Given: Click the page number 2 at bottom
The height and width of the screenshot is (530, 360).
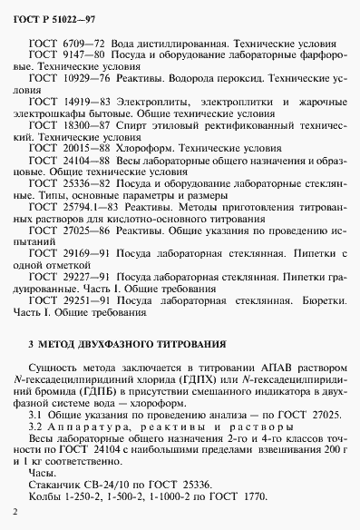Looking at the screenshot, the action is tap(16, 513).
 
